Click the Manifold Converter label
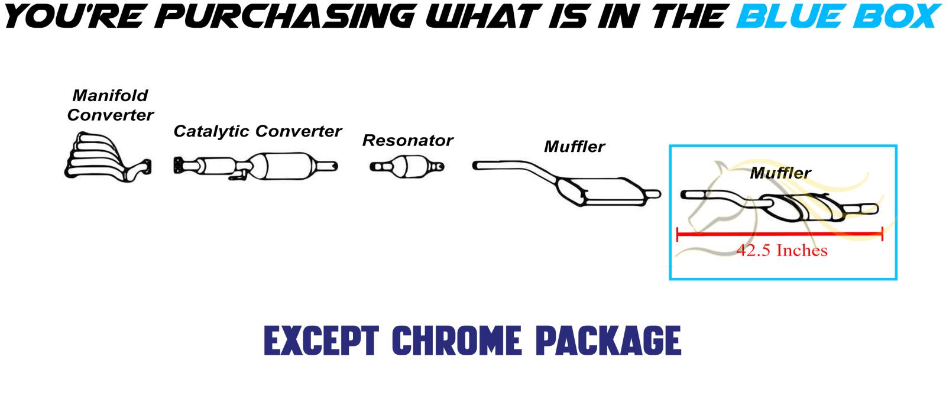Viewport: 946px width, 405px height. pyautogui.click(x=110, y=105)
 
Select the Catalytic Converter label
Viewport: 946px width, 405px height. pyautogui.click(x=257, y=131)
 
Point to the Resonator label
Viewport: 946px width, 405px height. pyautogui.click(x=407, y=141)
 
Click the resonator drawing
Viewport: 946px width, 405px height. pyautogui.click(x=407, y=166)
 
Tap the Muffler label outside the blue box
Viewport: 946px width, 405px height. pyautogui.click(x=574, y=146)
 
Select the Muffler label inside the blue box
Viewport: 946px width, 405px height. pyautogui.click(x=780, y=173)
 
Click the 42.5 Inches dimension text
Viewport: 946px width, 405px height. pyautogui.click(x=782, y=251)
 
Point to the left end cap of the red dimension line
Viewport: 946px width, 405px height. pyautogui.click(x=678, y=235)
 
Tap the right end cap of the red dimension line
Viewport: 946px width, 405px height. pyautogui.click(x=882, y=235)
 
